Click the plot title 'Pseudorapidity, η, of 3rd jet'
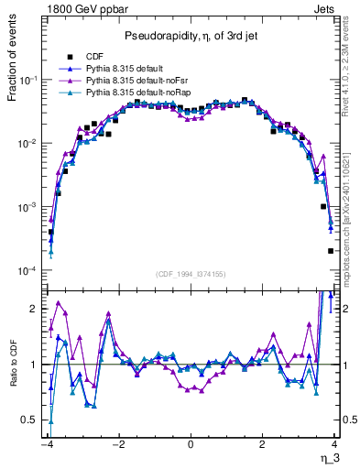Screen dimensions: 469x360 pyautogui.click(x=190, y=36)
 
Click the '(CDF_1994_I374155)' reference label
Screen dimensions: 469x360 pyautogui.click(x=190, y=273)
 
